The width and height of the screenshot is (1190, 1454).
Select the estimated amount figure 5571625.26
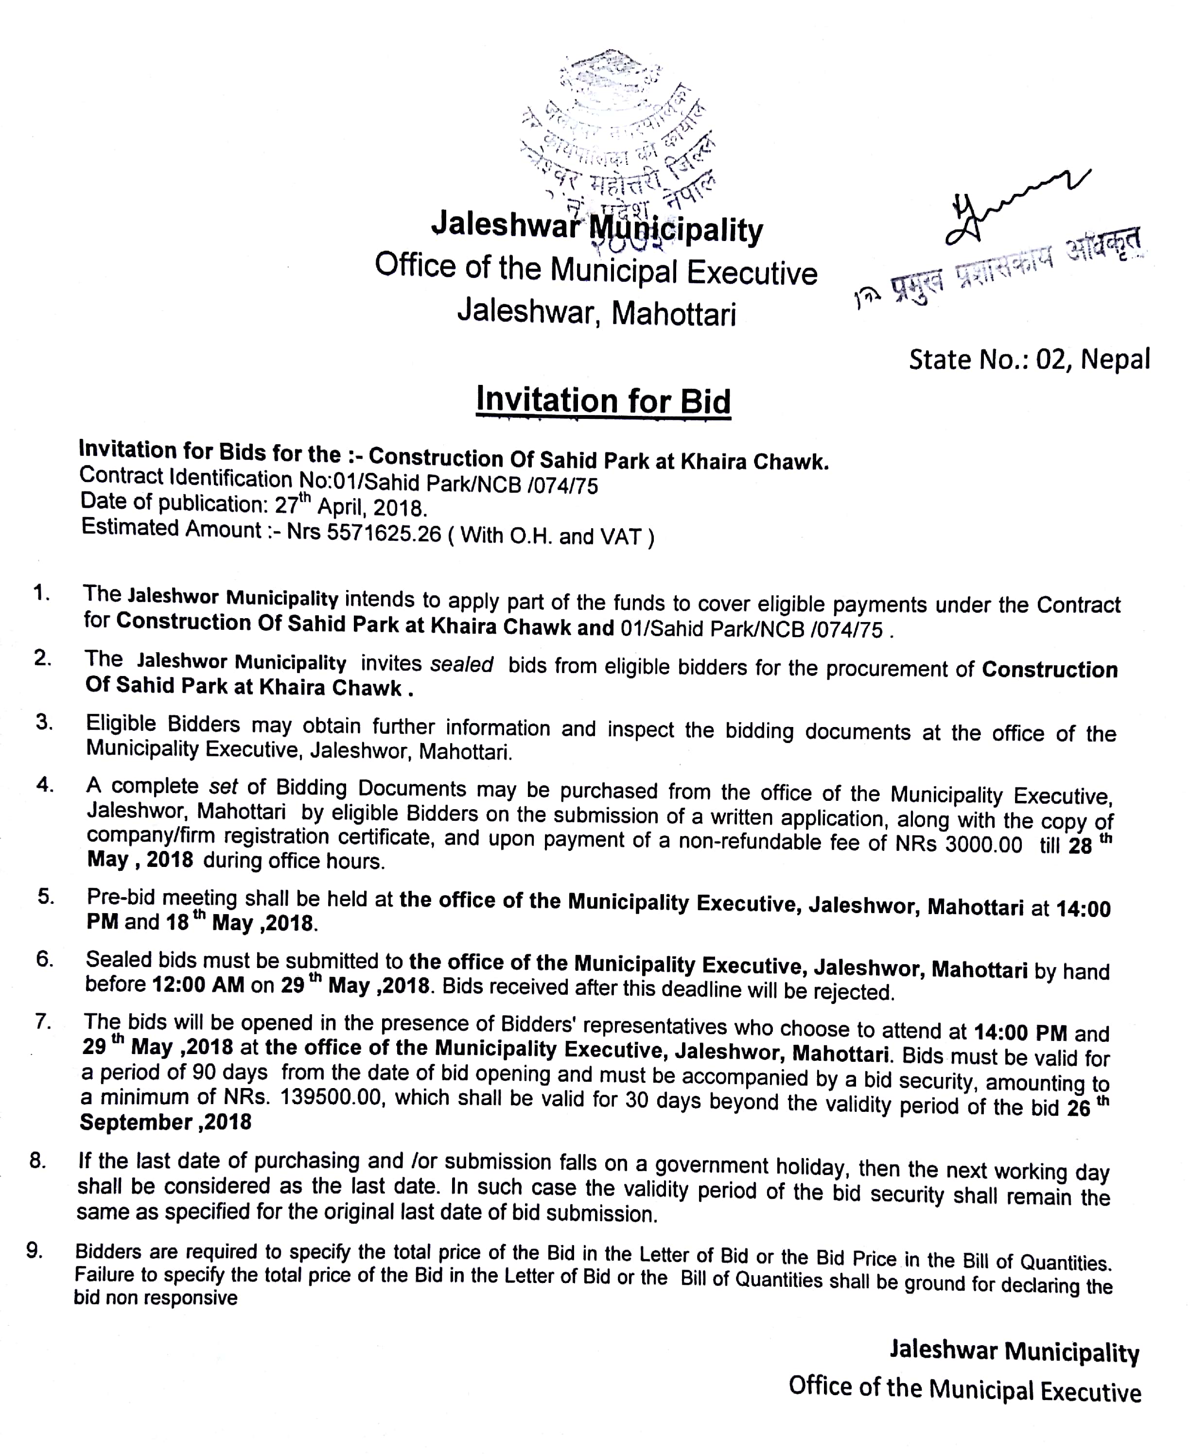pyautogui.click(x=384, y=533)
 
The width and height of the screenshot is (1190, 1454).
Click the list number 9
pyautogui.click(x=35, y=1250)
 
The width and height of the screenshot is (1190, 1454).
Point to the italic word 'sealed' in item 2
pyautogui.click(x=461, y=664)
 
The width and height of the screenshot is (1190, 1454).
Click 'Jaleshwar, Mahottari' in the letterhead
pyautogui.click(x=596, y=312)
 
